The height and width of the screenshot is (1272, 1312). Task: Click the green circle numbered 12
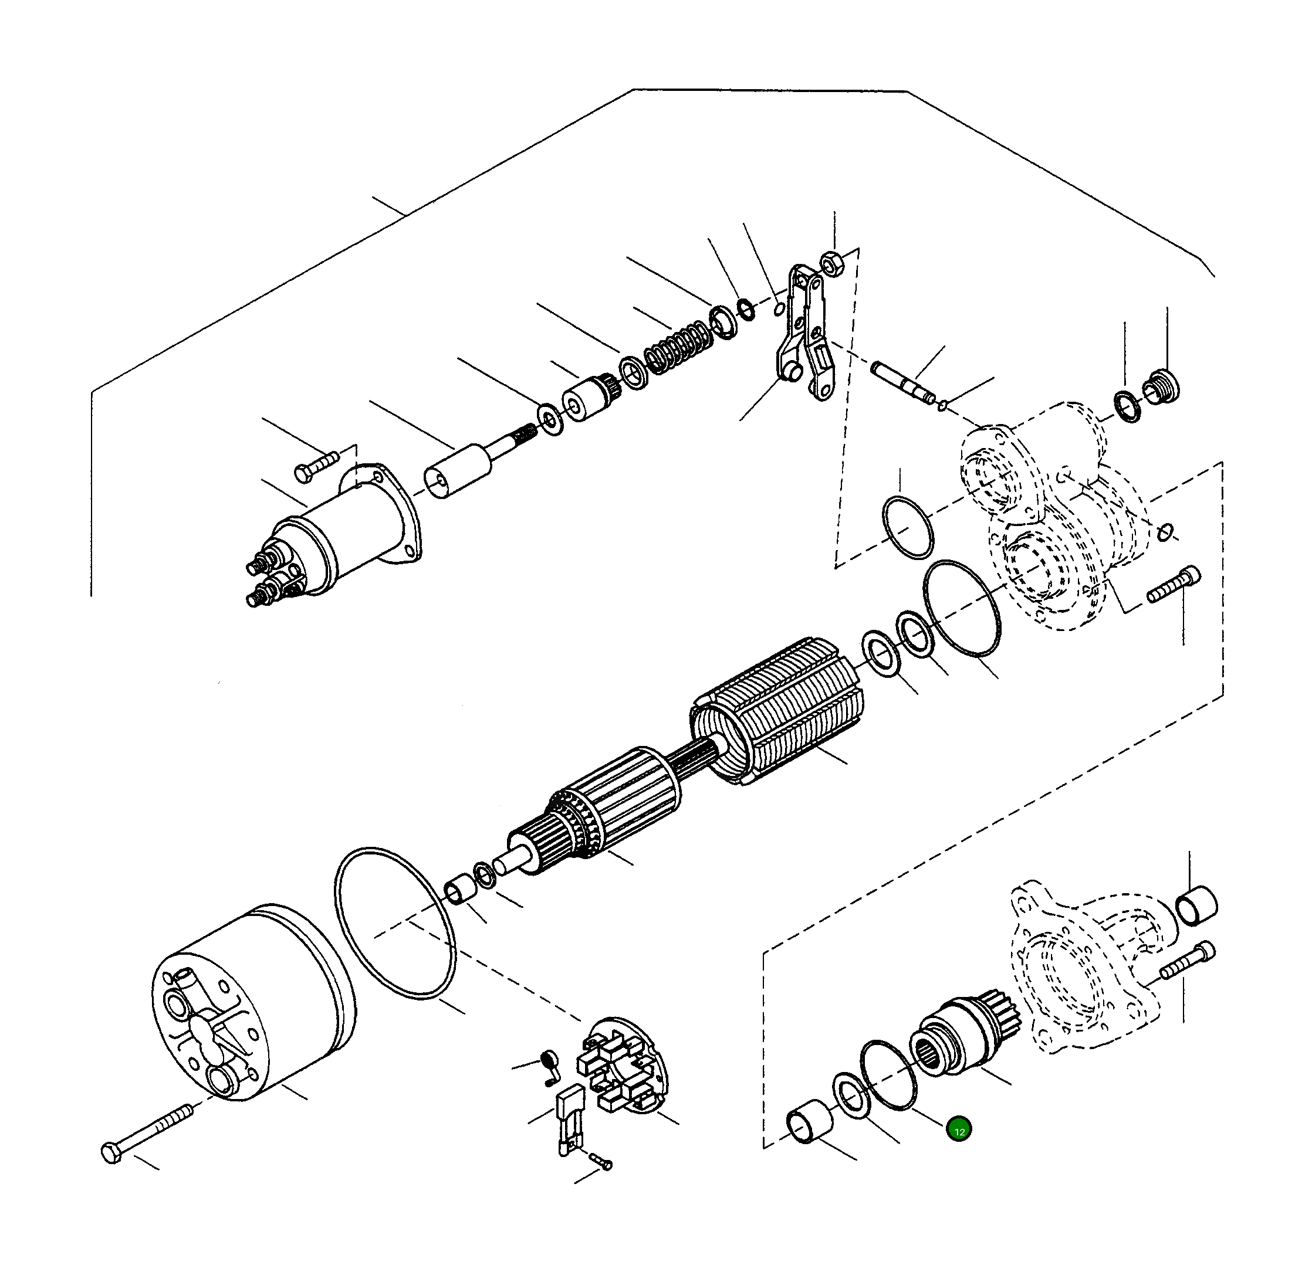pyautogui.click(x=959, y=1130)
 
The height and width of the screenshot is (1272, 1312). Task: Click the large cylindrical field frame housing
pyautogui.click(x=255, y=1003)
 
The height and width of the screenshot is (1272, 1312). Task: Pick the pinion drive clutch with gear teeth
pyautogui.click(x=961, y=1034)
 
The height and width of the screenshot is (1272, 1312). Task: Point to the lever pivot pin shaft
pyautogui.click(x=904, y=381)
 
